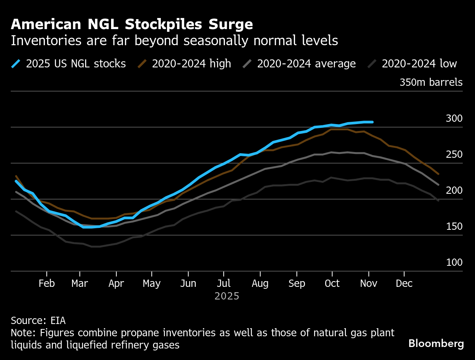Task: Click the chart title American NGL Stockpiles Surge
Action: tap(132, 25)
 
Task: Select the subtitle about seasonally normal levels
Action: tap(174, 41)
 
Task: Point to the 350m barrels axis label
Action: tap(431, 82)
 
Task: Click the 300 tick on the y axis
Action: tap(454, 119)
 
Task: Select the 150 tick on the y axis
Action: tap(454, 227)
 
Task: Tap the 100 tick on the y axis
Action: tap(454, 263)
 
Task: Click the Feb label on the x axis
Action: tap(47, 283)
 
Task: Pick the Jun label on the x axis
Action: tap(188, 283)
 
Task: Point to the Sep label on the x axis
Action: tap(296, 283)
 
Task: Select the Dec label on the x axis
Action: tap(404, 283)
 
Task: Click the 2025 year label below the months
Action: tap(227, 296)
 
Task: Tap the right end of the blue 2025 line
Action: tap(372, 122)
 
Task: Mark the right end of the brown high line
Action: tap(438, 174)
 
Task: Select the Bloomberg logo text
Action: tap(436, 344)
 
